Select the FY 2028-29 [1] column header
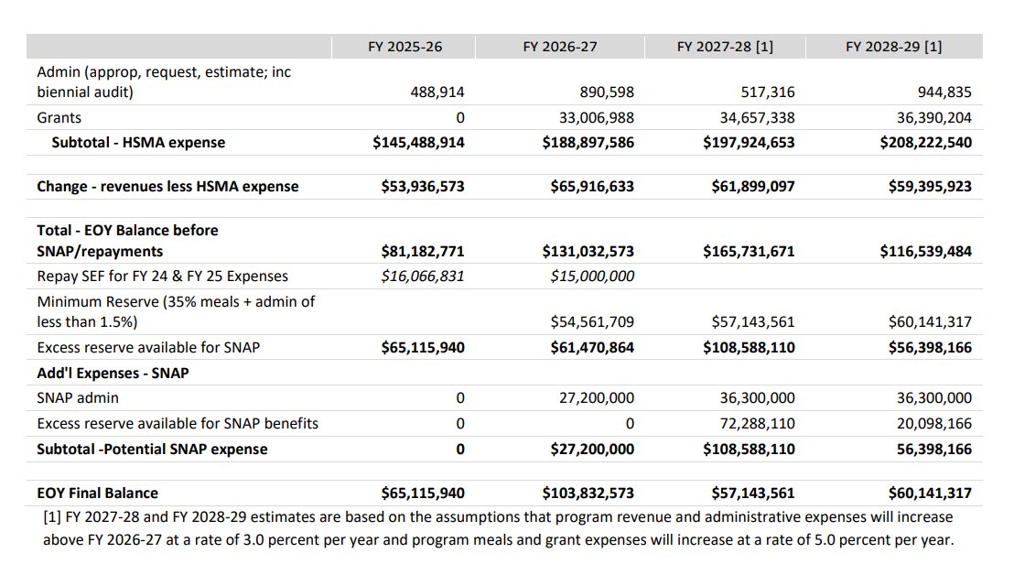pos(894,47)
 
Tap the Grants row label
pos(59,117)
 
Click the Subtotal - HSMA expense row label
pos(138,142)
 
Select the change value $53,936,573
pos(423,186)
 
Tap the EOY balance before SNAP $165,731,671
pos(749,251)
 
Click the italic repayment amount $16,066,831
pos(423,276)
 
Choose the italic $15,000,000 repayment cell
pos(592,276)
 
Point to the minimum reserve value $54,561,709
pos(592,321)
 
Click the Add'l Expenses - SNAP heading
pos(113,373)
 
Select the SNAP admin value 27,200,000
pos(597,398)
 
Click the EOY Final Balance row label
pos(97,493)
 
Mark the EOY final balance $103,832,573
pos(588,493)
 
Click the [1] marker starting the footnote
pos(52,517)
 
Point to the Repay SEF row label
pos(162,276)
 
